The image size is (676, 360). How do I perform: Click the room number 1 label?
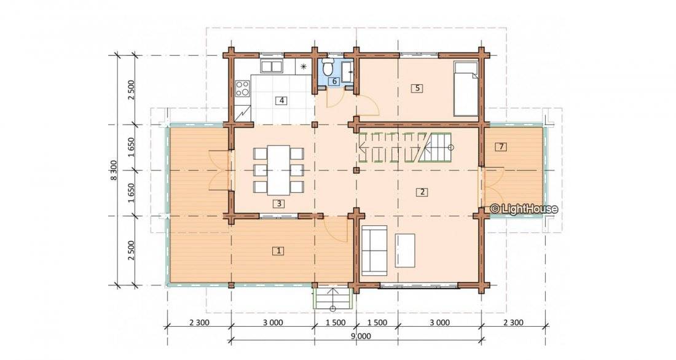pos(279,251)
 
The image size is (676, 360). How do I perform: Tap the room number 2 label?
pos(422,192)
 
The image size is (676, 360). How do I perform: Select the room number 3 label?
pos(279,203)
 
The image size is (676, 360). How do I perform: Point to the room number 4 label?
pos(281,101)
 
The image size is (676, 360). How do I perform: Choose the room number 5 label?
pos(417,88)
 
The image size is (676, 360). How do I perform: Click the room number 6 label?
pos(334,81)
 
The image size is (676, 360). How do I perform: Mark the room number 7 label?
pos(501,147)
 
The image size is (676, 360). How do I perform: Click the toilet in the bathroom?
pos(328,68)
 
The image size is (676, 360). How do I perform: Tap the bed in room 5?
pos(466,88)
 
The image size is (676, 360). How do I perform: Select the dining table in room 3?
pos(278,170)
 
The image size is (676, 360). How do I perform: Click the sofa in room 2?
pos(374,250)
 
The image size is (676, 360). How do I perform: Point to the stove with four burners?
pos(243,89)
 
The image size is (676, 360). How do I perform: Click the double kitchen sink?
pos(271,67)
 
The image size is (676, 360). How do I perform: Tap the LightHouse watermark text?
pos(524,209)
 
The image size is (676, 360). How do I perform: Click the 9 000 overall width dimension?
pos(361,336)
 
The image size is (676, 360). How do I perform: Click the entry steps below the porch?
pos(332,299)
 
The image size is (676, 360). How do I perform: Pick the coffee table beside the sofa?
pos(405,251)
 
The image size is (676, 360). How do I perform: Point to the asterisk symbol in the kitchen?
pos(304,66)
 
